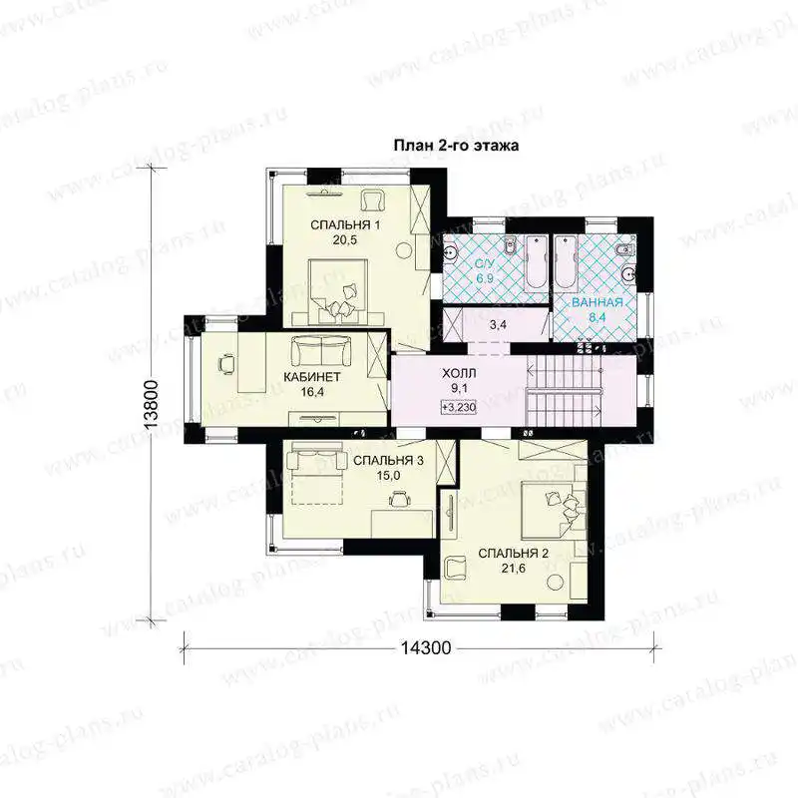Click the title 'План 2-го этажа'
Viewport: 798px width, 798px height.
click(x=457, y=146)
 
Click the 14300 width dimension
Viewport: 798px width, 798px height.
click(x=426, y=647)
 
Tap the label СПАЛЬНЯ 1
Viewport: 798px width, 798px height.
click(x=345, y=225)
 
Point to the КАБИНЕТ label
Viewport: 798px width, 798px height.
click(x=312, y=377)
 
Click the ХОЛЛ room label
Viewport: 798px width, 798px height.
click(x=459, y=374)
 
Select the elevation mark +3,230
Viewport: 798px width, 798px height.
click(x=459, y=407)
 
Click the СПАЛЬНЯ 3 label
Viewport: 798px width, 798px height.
click(x=388, y=461)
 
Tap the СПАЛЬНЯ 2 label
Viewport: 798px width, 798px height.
click(x=513, y=554)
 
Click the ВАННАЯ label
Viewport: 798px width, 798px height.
click(x=597, y=302)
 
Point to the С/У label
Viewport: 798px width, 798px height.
click(x=485, y=263)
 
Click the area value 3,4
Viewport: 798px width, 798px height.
click(x=498, y=325)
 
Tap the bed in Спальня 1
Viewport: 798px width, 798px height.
click(x=338, y=291)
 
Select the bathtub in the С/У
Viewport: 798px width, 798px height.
click(x=536, y=263)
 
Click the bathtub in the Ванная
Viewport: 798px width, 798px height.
click(x=566, y=263)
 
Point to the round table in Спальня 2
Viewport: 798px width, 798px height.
click(x=556, y=582)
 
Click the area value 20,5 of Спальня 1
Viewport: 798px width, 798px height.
click(x=345, y=240)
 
